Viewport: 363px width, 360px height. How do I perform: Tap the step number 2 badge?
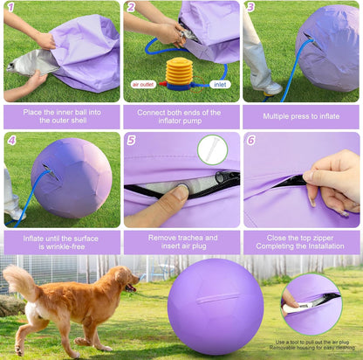pos(132,9)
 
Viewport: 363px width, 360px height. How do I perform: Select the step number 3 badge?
pos(251,9)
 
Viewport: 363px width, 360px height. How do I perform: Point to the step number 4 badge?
pos(11,140)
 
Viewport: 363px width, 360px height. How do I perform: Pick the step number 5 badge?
pos(132,140)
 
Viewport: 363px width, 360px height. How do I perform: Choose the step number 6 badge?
pos(251,140)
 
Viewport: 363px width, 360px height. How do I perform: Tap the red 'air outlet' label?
pos(145,84)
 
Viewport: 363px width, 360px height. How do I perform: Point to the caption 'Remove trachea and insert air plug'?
pos(181,241)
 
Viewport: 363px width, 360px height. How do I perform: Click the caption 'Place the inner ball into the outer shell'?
pos(61,114)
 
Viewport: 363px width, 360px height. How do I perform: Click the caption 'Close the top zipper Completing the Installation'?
pos(301,241)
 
